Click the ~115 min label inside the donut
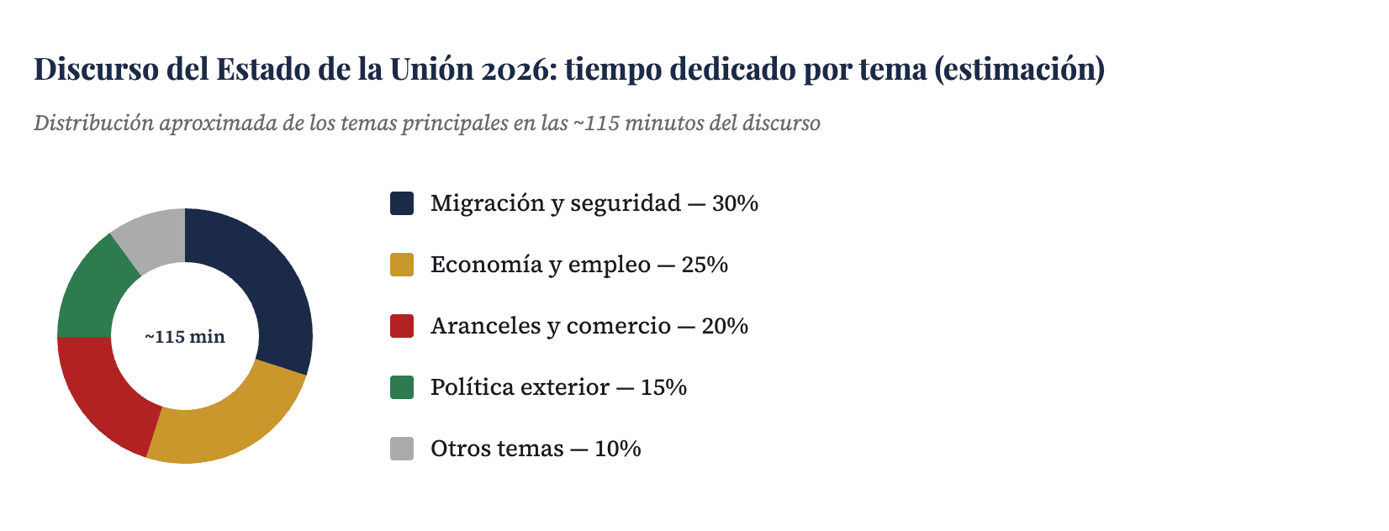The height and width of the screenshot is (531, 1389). point(185,337)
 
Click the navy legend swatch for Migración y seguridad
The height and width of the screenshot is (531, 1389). point(402,203)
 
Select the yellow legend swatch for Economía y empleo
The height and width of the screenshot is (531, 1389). point(402,265)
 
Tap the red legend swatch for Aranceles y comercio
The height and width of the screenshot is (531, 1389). point(402,326)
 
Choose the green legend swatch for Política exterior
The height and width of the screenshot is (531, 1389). point(402,387)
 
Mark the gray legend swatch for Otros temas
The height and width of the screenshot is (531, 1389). point(402,449)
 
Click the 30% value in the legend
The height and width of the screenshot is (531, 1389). point(735,203)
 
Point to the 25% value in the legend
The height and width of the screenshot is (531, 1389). point(705,265)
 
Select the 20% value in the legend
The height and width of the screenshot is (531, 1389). point(725,326)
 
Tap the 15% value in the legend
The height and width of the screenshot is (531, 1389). point(663,387)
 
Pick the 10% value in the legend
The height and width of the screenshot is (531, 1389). point(618,449)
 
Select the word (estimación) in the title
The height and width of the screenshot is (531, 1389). point(1019,69)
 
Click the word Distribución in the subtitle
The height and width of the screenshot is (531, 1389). point(93,124)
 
